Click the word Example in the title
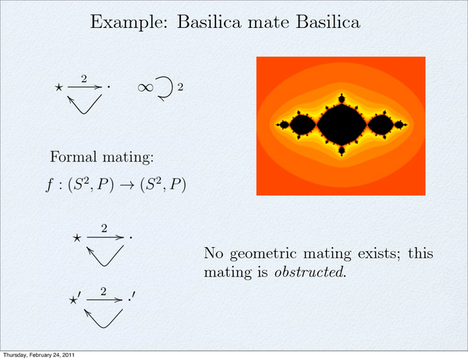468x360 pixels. (129, 22)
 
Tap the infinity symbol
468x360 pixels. (145, 87)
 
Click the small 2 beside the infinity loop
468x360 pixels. (180, 87)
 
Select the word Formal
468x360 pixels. (73, 157)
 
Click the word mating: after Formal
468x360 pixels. (128, 157)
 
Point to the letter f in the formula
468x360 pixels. (50, 185)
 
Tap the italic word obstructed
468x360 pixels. (310, 272)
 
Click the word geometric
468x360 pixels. (264, 254)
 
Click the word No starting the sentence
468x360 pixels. (214, 253)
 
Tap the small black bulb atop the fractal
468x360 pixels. (342, 98)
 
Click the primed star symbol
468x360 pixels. (74, 299)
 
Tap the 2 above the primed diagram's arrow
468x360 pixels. (103, 291)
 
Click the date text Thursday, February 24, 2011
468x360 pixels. (39, 355)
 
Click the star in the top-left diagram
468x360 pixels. (58, 87)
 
